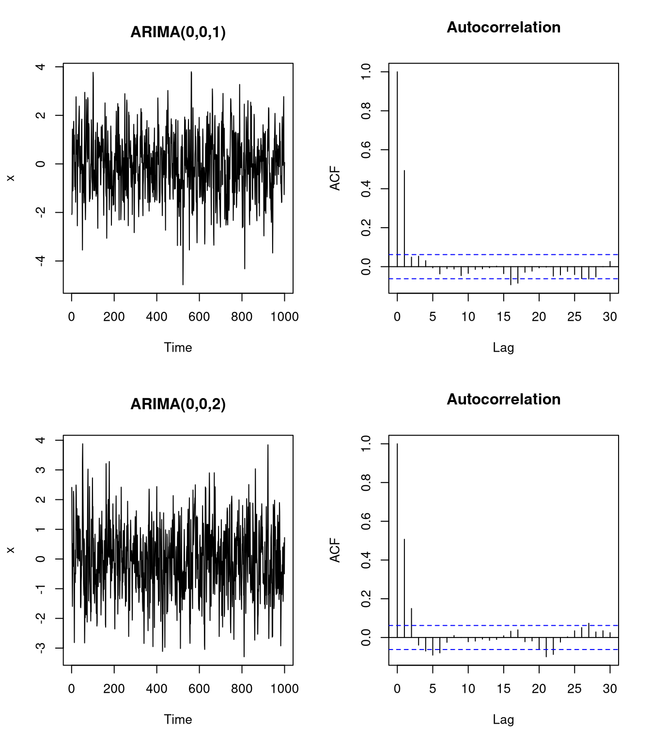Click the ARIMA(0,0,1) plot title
pos(178,32)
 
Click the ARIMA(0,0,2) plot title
pos(178,404)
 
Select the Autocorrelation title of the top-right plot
pos(503,28)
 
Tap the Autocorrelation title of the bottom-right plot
pos(503,400)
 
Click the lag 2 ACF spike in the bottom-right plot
pos(411,623)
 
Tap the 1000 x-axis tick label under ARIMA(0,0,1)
pos(284,317)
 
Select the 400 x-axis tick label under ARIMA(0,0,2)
pos(156,689)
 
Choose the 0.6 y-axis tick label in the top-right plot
pos(366,150)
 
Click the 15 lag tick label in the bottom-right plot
pos(503,689)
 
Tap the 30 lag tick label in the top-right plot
pos(610,317)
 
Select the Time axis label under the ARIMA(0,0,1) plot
pos(178,348)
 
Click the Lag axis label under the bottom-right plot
pos(503,720)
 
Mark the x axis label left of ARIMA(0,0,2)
pos(11,550)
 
